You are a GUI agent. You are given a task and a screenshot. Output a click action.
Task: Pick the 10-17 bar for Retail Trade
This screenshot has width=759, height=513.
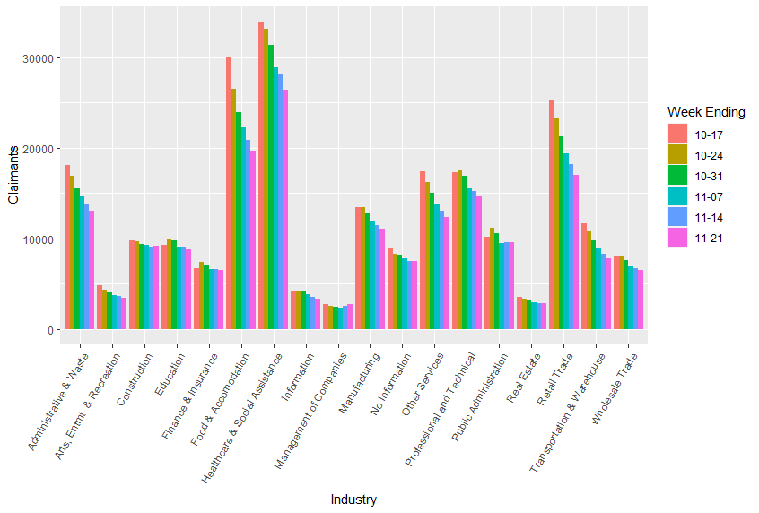(551, 214)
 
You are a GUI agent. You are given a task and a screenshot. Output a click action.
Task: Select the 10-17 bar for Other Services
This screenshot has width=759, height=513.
(422, 250)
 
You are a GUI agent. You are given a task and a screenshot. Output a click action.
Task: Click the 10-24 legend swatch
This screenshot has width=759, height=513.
(676, 154)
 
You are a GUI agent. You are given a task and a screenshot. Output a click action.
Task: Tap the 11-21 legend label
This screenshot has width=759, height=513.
(709, 238)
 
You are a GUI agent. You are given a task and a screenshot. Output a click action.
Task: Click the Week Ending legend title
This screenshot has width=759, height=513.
(706, 112)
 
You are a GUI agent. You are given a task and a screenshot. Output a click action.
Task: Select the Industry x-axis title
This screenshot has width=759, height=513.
(353, 500)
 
